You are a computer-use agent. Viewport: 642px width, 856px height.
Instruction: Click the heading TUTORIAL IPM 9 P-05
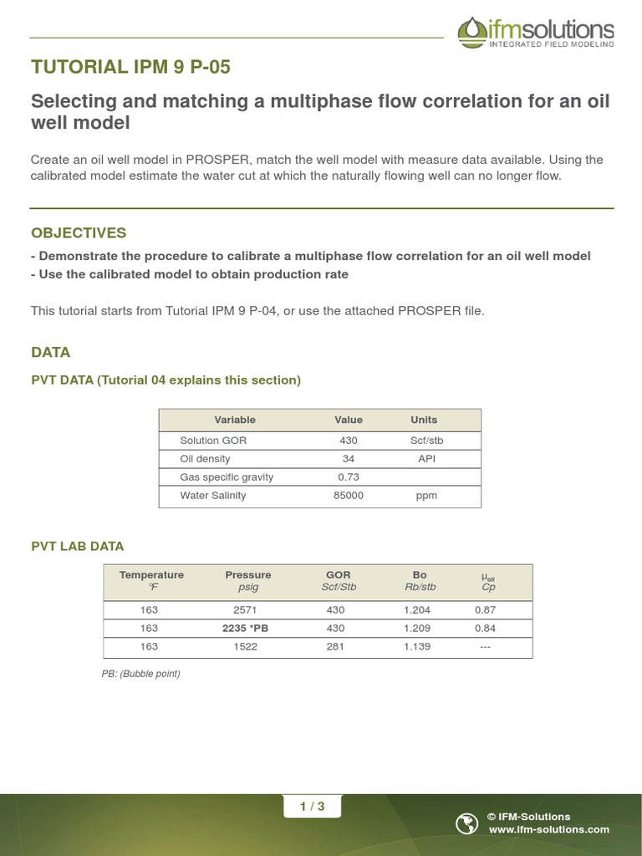point(130,68)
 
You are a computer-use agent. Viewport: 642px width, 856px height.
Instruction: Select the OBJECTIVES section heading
point(79,232)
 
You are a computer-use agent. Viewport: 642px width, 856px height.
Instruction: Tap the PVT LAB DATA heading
point(77,546)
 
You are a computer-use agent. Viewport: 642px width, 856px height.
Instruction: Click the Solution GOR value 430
point(349,441)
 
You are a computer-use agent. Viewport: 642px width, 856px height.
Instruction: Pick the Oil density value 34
point(349,459)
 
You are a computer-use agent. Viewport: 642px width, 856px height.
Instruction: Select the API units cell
point(424,459)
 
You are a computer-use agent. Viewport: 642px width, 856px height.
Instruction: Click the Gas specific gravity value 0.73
point(349,477)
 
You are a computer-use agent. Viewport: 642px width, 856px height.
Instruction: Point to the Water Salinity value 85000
point(349,496)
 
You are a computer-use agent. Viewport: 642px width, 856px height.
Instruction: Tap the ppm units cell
point(424,496)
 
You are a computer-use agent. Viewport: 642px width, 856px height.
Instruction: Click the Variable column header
point(235,420)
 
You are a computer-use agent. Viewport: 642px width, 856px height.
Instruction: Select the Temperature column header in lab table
point(151,575)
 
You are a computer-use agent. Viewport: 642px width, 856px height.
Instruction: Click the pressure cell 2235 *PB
point(248,628)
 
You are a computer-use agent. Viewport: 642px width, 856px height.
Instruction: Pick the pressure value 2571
point(248,610)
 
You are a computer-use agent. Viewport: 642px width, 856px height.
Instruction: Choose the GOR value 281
point(338,647)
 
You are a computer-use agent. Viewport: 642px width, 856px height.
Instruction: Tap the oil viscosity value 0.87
point(486,610)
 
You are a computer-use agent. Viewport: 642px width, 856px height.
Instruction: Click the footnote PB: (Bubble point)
point(140,674)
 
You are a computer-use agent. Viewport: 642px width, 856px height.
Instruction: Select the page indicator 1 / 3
point(312,807)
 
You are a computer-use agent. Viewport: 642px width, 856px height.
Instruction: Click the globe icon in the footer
point(466,823)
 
